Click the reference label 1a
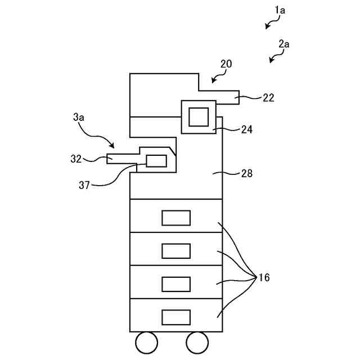pyautogui.click(x=280, y=10)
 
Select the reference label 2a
pyautogui.click(x=284, y=43)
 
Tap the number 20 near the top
pyautogui.click(x=226, y=65)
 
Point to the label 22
pyautogui.click(x=268, y=97)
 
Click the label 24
pyautogui.click(x=246, y=129)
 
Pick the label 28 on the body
pyautogui.click(x=246, y=174)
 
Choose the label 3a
pyautogui.click(x=79, y=118)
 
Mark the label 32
pyautogui.click(x=76, y=159)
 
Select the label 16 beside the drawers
pyautogui.click(x=263, y=277)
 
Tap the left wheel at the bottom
pyautogui.click(x=147, y=342)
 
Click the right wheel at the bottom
pyautogui.click(x=197, y=342)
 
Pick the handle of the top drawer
pyautogui.click(x=175, y=218)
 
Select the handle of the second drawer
pyautogui.click(x=175, y=250)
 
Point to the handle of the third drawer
pyautogui.click(x=175, y=283)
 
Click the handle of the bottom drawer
pyautogui.click(x=175, y=317)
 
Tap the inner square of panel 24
pyautogui.click(x=198, y=116)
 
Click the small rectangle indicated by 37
pyautogui.click(x=156, y=161)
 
